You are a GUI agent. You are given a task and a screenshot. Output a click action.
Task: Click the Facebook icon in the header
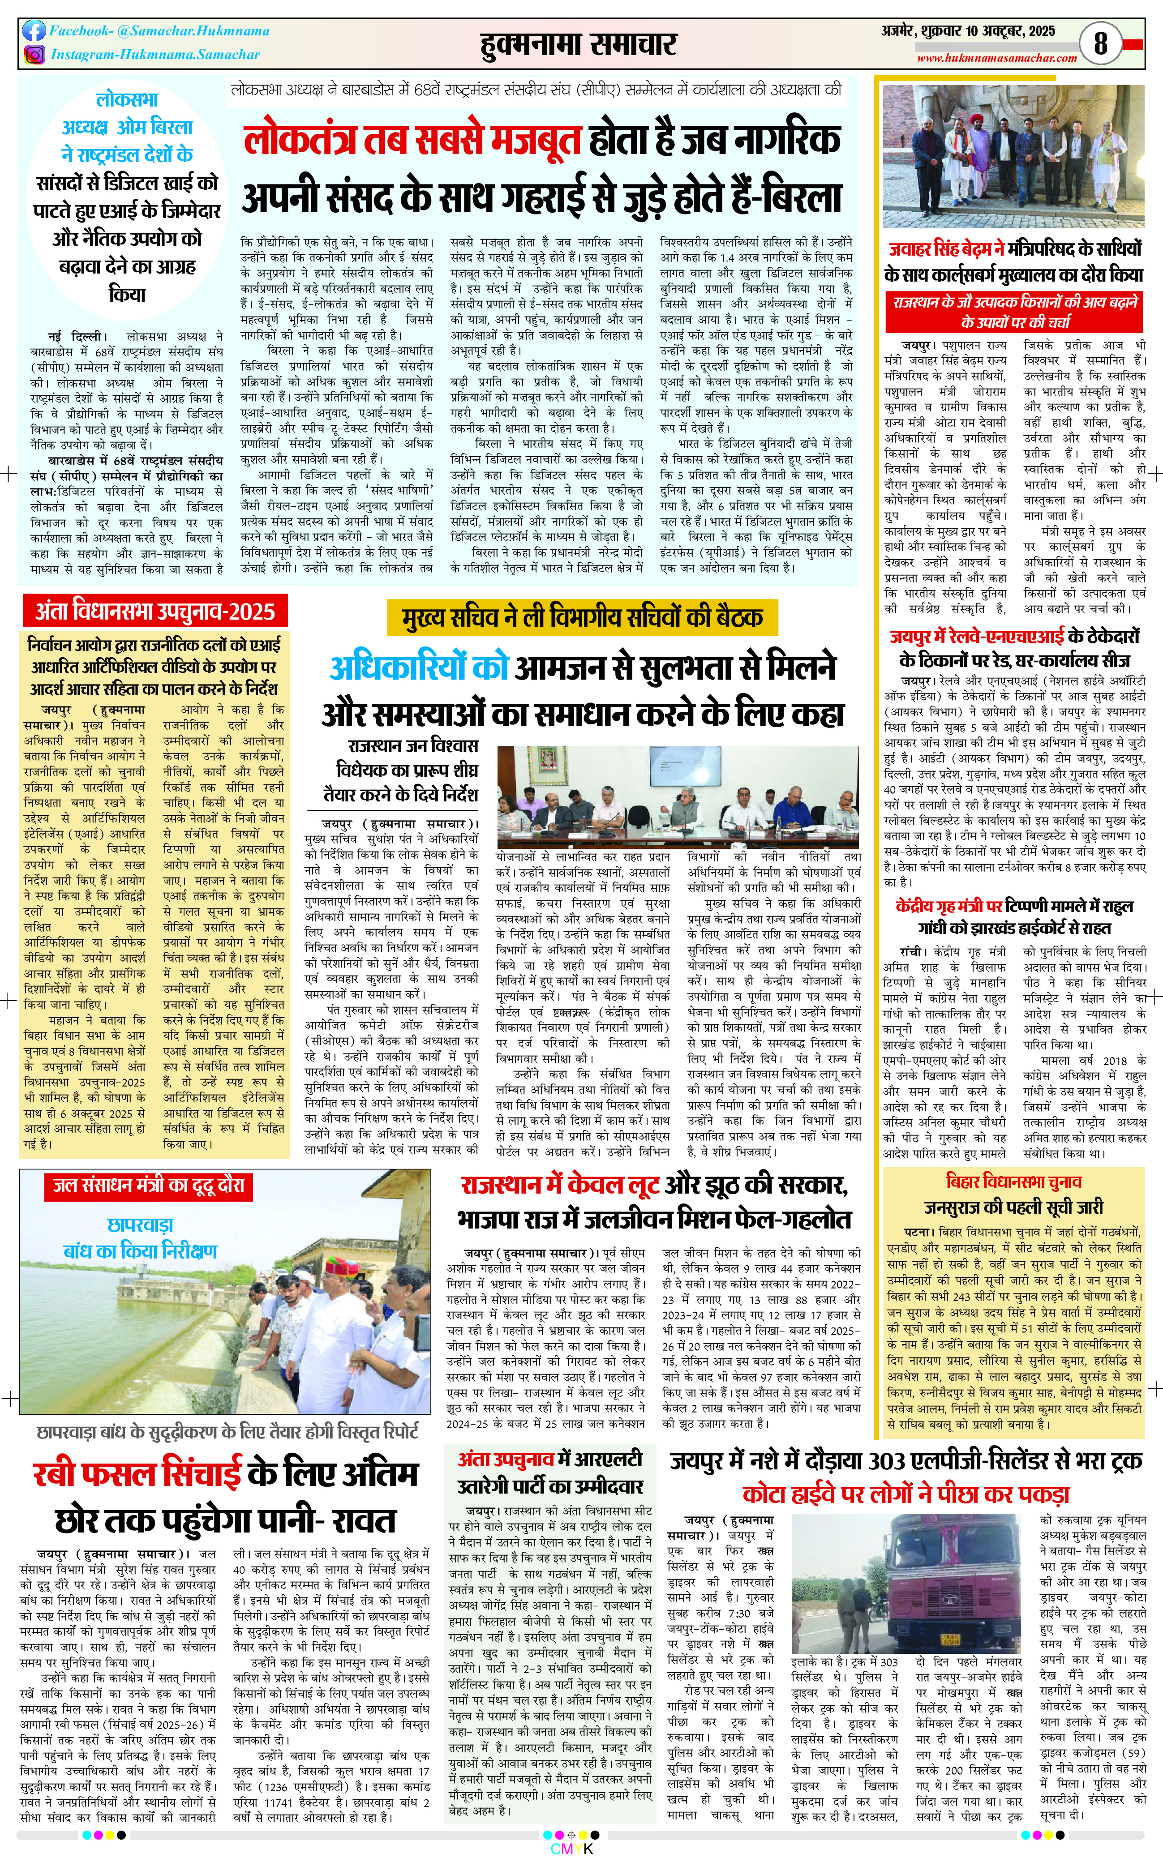tap(34, 31)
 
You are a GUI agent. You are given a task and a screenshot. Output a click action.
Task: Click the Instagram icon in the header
tap(34, 55)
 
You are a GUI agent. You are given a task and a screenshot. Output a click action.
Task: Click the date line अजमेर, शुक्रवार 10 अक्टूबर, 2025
tap(968, 31)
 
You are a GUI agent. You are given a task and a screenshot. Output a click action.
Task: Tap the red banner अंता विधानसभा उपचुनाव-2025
tap(154, 612)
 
